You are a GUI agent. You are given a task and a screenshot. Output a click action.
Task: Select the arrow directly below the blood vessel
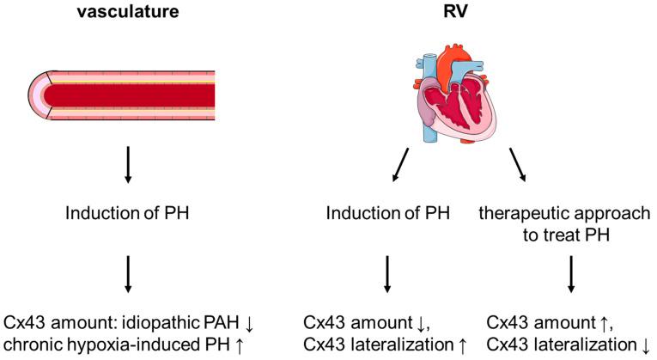click(128, 163)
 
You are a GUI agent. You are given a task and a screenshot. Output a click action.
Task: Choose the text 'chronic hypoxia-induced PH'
click(111, 345)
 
